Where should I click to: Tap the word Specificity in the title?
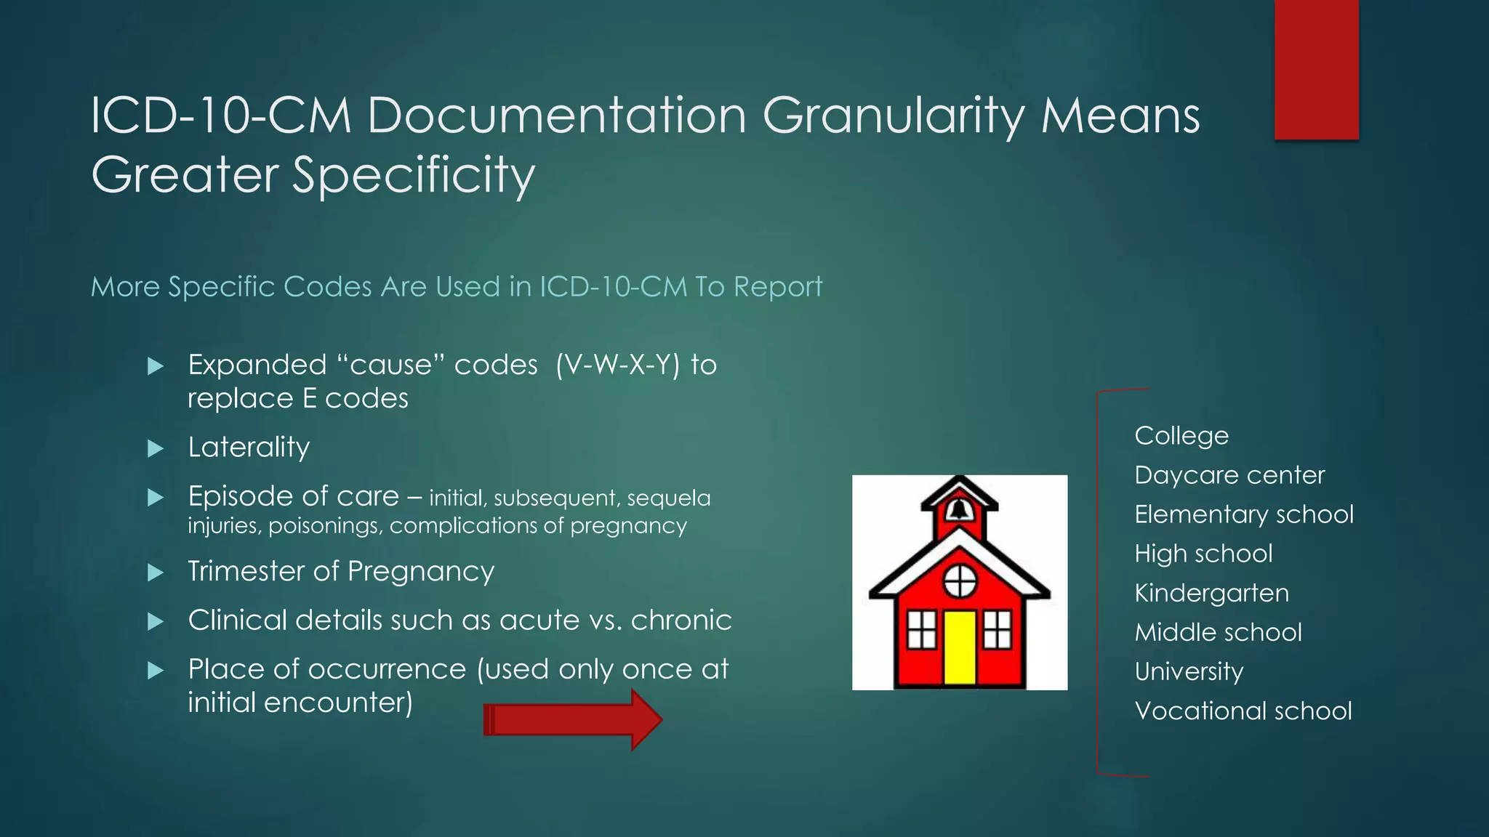(414, 176)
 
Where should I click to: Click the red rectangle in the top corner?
(1316, 69)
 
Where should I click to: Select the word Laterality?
(249, 447)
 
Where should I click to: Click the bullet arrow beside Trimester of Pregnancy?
(155, 573)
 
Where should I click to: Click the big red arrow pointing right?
(573, 720)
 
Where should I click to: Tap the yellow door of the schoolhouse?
(960, 647)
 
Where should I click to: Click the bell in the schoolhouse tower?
(960, 509)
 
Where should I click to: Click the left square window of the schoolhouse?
(922, 629)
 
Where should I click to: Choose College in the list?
(1181, 436)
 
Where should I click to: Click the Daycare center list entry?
(1229, 475)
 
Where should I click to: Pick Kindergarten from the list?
(1211, 593)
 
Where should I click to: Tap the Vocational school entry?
(1243, 711)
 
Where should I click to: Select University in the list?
(1189, 671)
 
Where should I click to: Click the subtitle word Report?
(777, 287)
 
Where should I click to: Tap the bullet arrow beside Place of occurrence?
(155, 670)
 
